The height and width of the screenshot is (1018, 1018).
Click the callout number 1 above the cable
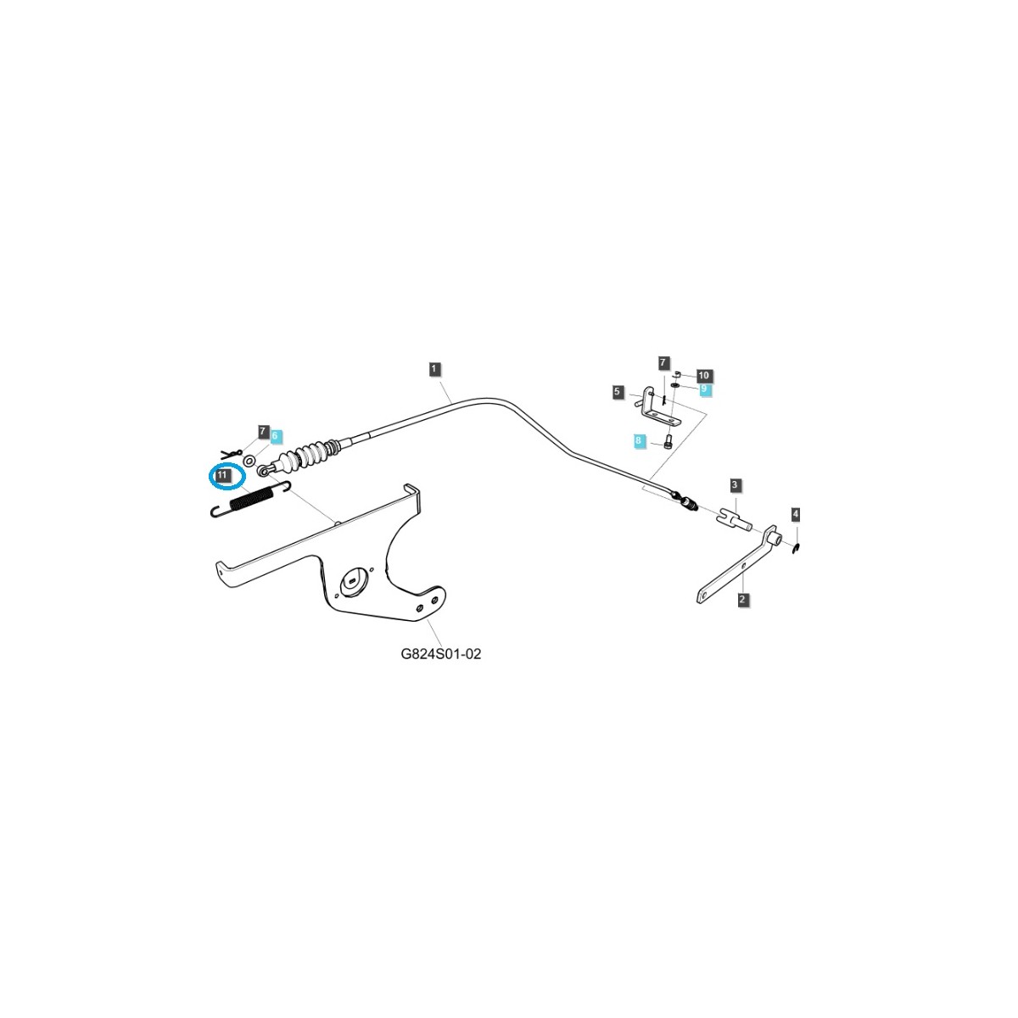[433, 368]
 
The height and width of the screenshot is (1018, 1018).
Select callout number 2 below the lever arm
[743, 600]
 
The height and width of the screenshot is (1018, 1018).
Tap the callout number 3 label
[736, 485]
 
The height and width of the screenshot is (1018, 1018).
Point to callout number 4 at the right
[795, 514]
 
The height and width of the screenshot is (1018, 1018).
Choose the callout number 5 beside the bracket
[618, 392]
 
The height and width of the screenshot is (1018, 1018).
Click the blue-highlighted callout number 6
[274, 435]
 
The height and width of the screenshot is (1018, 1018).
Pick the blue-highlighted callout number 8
[638, 441]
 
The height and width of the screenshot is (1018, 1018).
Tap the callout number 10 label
[703, 375]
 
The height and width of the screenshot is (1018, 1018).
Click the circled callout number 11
[221, 477]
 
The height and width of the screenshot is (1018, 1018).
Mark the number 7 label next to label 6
[263, 432]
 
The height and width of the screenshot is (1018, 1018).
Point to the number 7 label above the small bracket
[663, 363]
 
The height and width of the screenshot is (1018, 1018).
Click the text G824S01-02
[440, 655]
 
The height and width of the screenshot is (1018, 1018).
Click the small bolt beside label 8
[667, 442]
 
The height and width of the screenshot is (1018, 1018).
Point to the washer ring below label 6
[250, 460]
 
